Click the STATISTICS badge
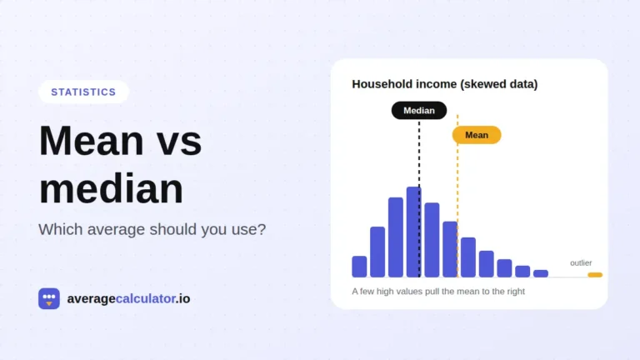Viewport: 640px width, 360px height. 83,92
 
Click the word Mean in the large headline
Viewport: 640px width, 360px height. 92,141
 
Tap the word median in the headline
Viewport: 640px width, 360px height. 111,188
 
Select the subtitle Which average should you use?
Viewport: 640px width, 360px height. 152,229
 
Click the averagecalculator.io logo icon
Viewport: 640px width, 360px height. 49,298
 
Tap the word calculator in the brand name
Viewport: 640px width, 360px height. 146,299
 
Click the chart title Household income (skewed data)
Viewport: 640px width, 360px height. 444,84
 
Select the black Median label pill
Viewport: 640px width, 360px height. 419,111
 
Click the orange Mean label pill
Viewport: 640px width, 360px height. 477,135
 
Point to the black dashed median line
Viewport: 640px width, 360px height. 419,198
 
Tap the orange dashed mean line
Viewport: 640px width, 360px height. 457,196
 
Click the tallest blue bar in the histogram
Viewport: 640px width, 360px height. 414,232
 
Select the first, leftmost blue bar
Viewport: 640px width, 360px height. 359,267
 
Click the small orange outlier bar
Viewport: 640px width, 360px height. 595,275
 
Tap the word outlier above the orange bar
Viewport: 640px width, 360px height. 581,262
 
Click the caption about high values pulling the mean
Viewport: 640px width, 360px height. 438,292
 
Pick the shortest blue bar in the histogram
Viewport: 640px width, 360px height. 541,274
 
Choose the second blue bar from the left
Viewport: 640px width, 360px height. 377,252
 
